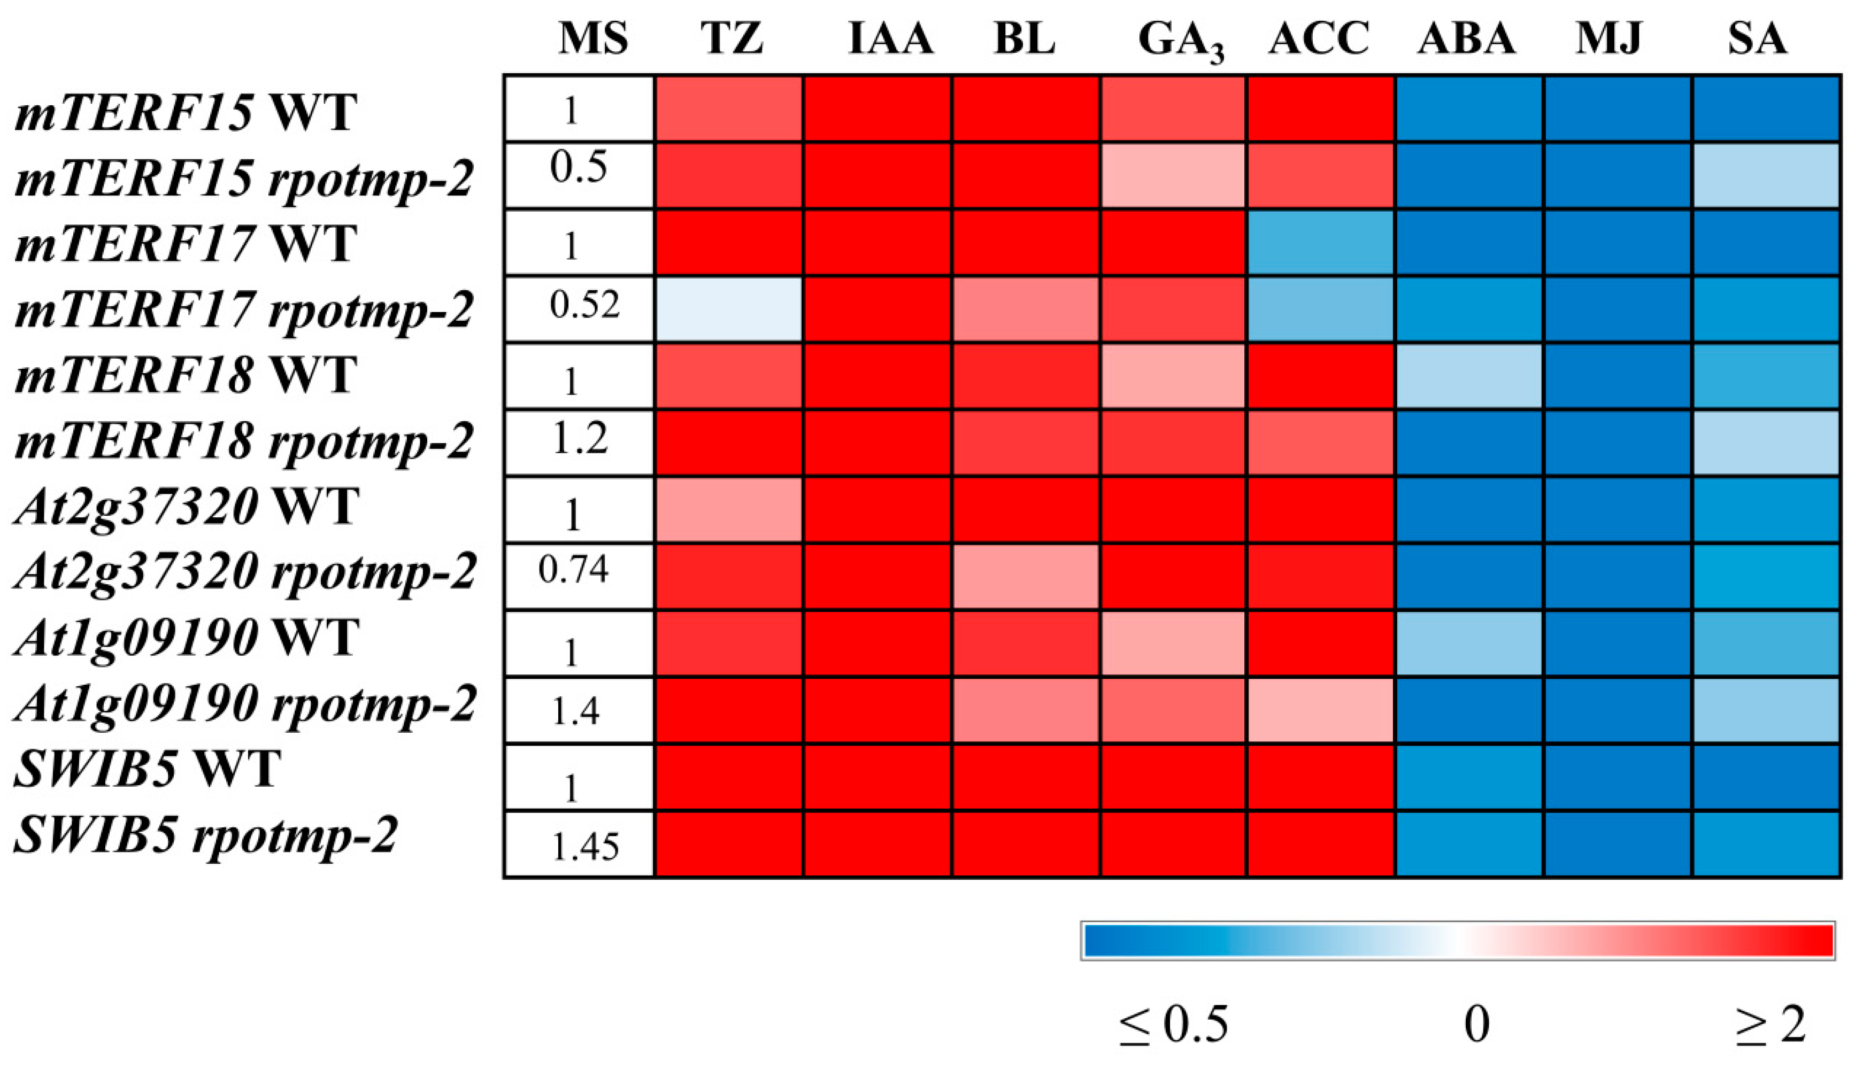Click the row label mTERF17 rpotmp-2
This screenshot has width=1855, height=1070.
click(x=243, y=310)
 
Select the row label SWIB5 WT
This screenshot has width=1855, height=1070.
click(x=147, y=770)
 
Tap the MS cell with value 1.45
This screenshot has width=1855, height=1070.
click(x=585, y=847)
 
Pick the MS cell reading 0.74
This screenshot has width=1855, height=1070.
click(x=573, y=570)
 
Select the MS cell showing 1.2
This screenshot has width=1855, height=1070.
click(x=579, y=439)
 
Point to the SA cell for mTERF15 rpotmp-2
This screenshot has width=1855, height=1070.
click(x=1766, y=176)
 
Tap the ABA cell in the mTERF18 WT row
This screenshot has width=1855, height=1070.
click(x=1469, y=376)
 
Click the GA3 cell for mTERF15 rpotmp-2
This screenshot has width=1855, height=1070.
click(x=1173, y=176)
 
